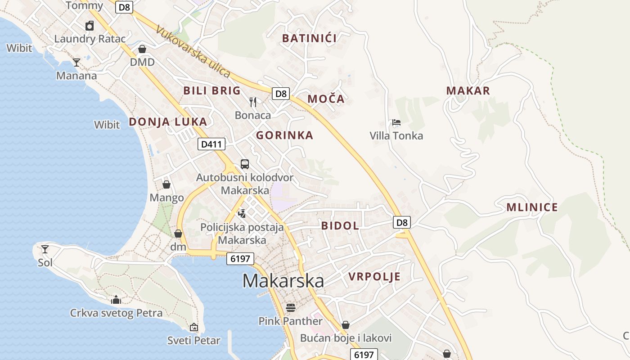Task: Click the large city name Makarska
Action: click(283, 281)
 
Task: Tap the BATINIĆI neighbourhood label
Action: click(309, 38)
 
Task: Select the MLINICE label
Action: click(532, 207)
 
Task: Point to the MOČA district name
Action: click(326, 99)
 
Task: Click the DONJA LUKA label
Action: click(168, 121)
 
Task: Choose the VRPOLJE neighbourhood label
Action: click(374, 276)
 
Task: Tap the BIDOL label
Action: click(340, 226)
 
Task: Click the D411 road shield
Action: click(211, 144)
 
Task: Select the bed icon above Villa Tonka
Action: click(396, 122)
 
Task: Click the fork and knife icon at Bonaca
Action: click(253, 102)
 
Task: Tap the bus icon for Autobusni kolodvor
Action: click(245, 164)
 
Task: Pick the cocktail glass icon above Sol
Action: click(45, 249)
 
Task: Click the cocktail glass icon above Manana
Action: click(76, 62)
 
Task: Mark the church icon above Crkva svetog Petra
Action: click(116, 299)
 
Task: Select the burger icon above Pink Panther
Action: click(291, 308)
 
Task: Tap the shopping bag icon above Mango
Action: click(166, 184)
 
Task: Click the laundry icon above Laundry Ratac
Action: click(90, 26)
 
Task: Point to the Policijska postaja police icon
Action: click(242, 213)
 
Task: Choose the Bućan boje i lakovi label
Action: click(346, 338)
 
